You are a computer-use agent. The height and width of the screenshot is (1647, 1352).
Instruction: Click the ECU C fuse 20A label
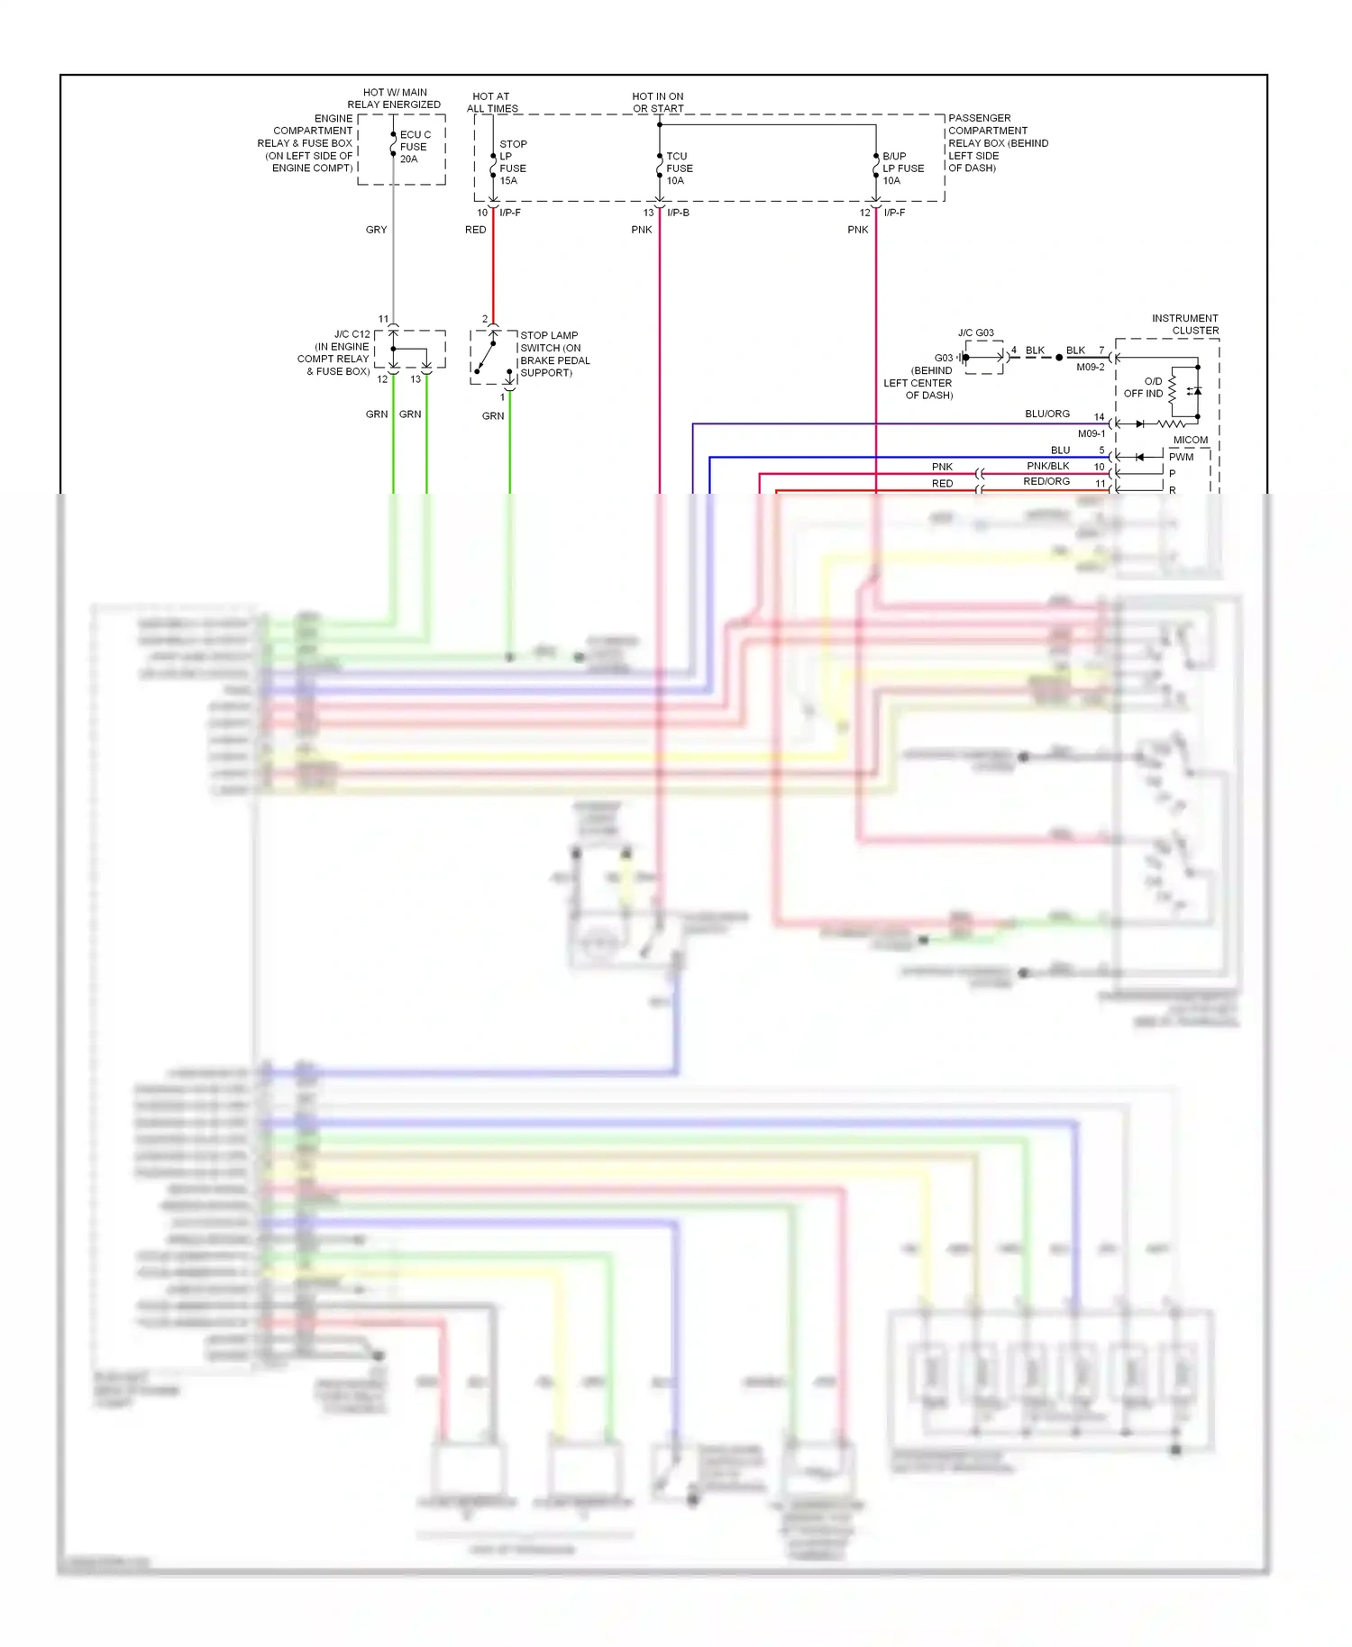[415, 147]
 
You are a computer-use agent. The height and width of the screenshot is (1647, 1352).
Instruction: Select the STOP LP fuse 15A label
[513, 162]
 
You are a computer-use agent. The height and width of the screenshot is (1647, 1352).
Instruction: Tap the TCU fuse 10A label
[679, 168]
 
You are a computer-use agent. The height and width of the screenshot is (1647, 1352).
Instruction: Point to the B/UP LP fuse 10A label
[902, 168]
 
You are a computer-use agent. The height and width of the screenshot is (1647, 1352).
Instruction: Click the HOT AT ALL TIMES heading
[491, 102]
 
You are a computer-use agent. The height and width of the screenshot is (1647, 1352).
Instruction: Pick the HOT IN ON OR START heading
[657, 102]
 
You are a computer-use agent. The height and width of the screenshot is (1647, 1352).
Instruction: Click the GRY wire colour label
[376, 230]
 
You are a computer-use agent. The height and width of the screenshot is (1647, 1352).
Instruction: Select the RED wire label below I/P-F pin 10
[475, 230]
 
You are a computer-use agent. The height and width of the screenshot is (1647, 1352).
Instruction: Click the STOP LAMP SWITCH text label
[553, 353]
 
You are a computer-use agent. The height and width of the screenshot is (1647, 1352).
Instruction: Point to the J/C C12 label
[352, 334]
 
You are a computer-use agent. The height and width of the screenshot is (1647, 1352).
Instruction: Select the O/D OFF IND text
[1144, 387]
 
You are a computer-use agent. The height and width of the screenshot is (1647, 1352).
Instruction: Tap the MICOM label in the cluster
[1190, 440]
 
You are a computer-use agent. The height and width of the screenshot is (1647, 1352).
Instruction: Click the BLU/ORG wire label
[1046, 414]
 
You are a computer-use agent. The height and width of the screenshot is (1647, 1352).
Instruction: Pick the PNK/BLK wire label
[1047, 466]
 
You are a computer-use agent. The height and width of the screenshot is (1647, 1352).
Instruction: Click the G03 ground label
[943, 358]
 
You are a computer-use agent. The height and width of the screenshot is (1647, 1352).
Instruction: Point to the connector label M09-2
[1090, 368]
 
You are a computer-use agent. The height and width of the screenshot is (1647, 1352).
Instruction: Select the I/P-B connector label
[678, 213]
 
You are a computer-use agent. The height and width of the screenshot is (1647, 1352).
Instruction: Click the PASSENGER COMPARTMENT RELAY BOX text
[997, 143]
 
